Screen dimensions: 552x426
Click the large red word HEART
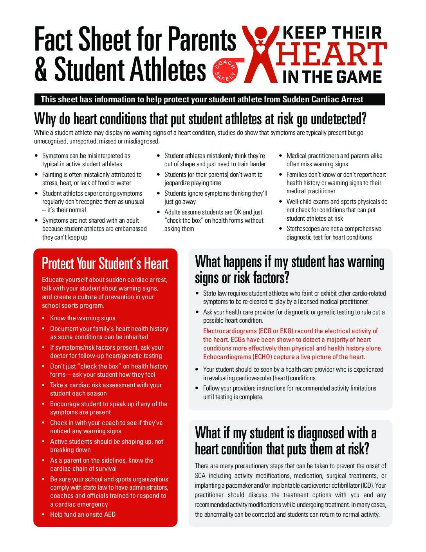pos(331,54)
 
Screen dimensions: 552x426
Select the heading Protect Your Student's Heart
pos(105,263)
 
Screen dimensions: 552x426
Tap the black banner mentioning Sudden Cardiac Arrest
pos(209,100)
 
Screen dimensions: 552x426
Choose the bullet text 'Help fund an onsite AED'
pos(83,514)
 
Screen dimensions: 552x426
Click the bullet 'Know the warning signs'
pos(83,318)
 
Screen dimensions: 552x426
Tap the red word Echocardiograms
pos(227,357)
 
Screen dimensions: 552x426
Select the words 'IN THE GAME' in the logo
pos(332,76)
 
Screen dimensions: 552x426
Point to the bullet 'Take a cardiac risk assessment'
pos(106,385)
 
